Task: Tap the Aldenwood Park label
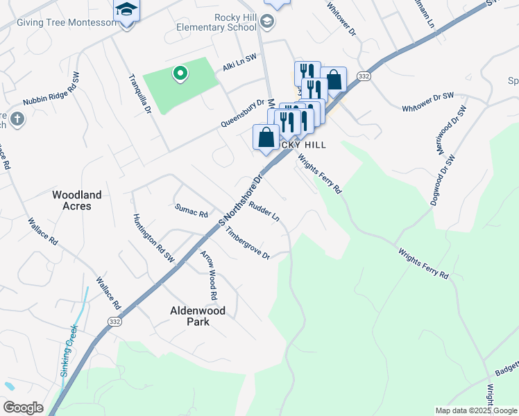click(x=198, y=316)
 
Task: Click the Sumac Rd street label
click(x=192, y=211)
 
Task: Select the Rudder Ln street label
click(x=264, y=212)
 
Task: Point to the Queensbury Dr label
click(x=243, y=112)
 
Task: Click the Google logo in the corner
click(x=23, y=408)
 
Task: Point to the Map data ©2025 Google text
click(x=476, y=410)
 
